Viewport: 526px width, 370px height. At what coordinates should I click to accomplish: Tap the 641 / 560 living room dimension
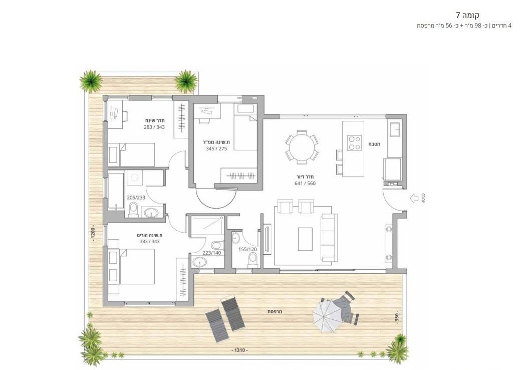pyautogui.click(x=305, y=183)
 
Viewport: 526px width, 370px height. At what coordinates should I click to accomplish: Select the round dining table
pyautogui.click(x=302, y=147)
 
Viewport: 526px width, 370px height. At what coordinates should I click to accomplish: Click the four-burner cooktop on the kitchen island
pyautogui.click(x=354, y=143)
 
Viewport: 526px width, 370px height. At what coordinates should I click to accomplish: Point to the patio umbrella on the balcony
pyautogui.click(x=328, y=315)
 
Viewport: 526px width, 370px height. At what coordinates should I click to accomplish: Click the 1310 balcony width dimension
pyautogui.click(x=240, y=350)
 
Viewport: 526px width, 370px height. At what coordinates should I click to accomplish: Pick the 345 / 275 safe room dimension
pyautogui.click(x=216, y=148)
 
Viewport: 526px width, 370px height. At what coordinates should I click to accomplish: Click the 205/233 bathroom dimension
pyautogui.click(x=136, y=198)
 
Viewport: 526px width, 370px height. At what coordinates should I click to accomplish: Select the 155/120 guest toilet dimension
pyautogui.click(x=247, y=250)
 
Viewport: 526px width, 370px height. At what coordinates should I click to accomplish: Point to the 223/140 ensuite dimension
pyautogui.click(x=212, y=253)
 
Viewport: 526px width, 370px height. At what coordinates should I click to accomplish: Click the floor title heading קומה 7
pyautogui.click(x=467, y=15)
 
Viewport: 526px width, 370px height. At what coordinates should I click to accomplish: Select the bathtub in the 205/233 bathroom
pyautogui.click(x=117, y=191)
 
